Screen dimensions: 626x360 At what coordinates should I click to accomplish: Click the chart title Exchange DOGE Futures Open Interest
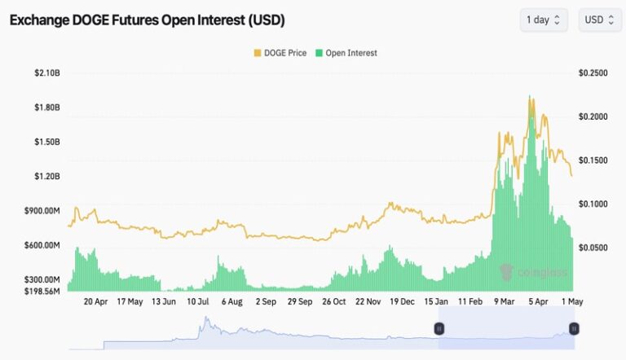(147, 20)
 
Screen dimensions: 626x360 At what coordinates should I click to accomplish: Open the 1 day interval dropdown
(544, 20)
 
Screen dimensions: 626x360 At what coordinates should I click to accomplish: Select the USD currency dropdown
(600, 20)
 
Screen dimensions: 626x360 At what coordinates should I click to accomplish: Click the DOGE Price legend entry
(280, 53)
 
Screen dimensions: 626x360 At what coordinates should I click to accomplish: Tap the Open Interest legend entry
(346, 53)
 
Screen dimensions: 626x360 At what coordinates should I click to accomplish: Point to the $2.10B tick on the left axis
(47, 73)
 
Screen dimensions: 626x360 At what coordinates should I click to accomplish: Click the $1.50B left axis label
(47, 142)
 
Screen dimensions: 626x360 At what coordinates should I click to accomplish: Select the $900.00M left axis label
(42, 211)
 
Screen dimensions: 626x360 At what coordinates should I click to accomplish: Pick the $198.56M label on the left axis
(42, 292)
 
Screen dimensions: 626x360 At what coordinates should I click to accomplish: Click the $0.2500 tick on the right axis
(593, 73)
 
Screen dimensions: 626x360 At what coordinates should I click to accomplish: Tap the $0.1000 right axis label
(593, 204)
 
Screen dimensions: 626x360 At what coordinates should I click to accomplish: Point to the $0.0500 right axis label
(593, 248)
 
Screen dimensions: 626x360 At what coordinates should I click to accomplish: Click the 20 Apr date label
(96, 301)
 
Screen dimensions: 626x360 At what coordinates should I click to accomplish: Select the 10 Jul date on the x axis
(198, 301)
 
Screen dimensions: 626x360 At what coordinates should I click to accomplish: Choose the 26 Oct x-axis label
(334, 301)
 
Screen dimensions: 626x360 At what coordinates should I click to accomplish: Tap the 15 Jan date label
(436, 301)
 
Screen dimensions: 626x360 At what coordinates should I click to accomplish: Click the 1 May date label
(572, 301)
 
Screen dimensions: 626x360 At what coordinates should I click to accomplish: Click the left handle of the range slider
(439, 329)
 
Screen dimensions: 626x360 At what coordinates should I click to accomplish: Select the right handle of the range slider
(574, 329)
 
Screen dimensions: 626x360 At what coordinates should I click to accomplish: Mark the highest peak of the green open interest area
(530, 96)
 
